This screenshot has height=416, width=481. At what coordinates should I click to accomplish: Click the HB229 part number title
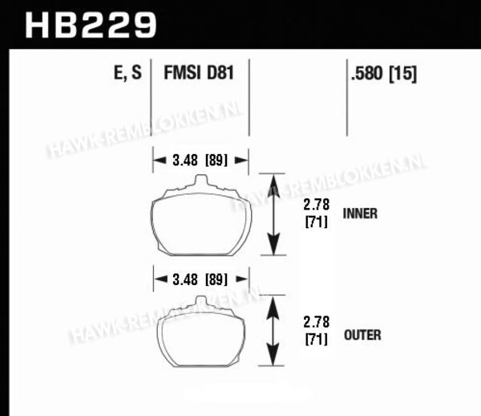[91, 25]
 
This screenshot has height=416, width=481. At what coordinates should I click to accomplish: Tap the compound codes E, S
[127, 73]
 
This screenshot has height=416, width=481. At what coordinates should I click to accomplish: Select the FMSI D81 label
[199, 73]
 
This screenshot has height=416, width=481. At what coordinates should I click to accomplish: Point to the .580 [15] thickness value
[384, 74]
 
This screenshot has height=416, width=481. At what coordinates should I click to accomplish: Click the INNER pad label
[360, 214]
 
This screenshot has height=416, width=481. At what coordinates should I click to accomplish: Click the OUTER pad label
[362, 335]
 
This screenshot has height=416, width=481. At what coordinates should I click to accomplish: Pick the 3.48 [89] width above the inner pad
[200, 160]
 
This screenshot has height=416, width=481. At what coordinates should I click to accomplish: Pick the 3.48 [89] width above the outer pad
[200, 279]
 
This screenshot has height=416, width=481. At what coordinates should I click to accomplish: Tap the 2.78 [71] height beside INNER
[317, 214]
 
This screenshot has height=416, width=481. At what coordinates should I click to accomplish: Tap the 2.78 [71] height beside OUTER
[317, 331]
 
